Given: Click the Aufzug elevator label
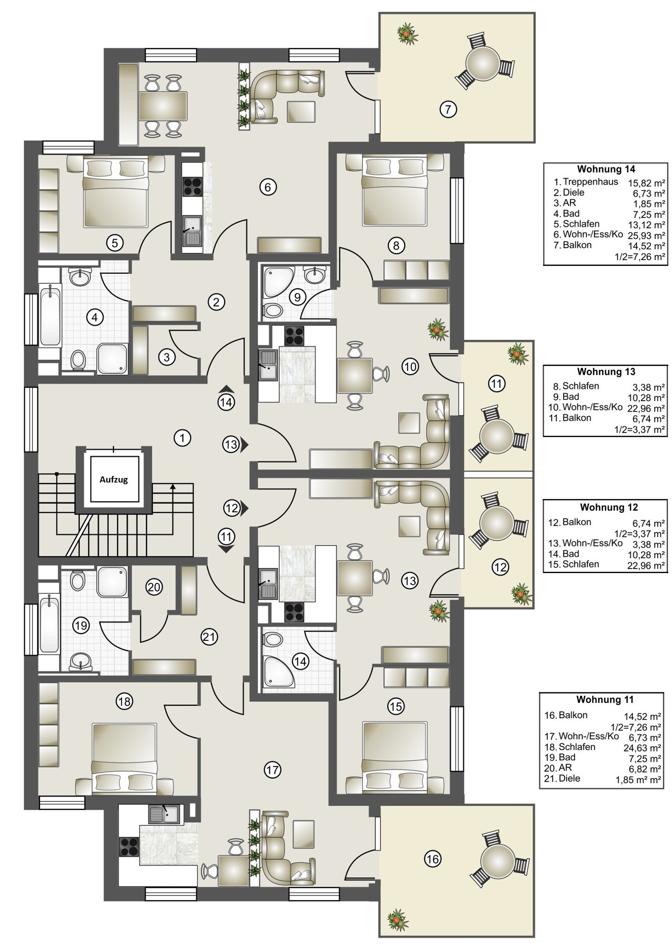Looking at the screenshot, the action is pyautogui.click(x=113, y=479).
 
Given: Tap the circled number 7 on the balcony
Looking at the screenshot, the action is pyautogui.click(x=448, y=109).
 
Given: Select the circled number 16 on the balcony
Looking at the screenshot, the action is pyautogui.click(x=432, y=859).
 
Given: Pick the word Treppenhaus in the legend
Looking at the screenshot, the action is pyautogui.click(x=590, y=182).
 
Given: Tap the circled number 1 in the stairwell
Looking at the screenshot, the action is pyautogui.click(x=183, y=438).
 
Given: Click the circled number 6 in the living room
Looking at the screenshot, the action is pyautogui.click(x=267, y=187).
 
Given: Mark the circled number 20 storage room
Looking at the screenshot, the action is pyautogui.click(x=154, y=587).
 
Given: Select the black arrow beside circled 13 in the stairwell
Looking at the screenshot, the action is pyautogui.click(x=245, y=445).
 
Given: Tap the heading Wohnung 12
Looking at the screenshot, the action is pyautogui.click(x=609, y=508).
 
